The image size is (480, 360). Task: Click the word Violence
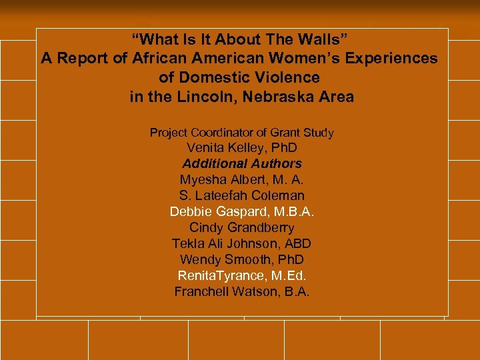pos(289,77)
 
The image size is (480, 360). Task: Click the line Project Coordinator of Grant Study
pos(241,133)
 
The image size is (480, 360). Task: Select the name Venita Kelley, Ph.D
pos(241,147)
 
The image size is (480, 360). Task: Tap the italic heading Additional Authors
pos(241,163)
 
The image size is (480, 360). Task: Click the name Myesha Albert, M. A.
pos(241,179)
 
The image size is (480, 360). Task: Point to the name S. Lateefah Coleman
pos(241,195)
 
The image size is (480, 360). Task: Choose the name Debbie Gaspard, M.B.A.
pos(241,211)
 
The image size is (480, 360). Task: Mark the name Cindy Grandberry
pos(241,227)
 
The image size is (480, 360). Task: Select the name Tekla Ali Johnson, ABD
pos(241,243)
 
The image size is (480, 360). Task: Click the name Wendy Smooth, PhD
pos(241,259)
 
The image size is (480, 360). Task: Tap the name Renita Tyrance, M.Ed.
pos(241,275)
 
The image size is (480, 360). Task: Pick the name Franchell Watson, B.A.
pos(241,291)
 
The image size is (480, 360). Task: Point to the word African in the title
pos(158,59)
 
